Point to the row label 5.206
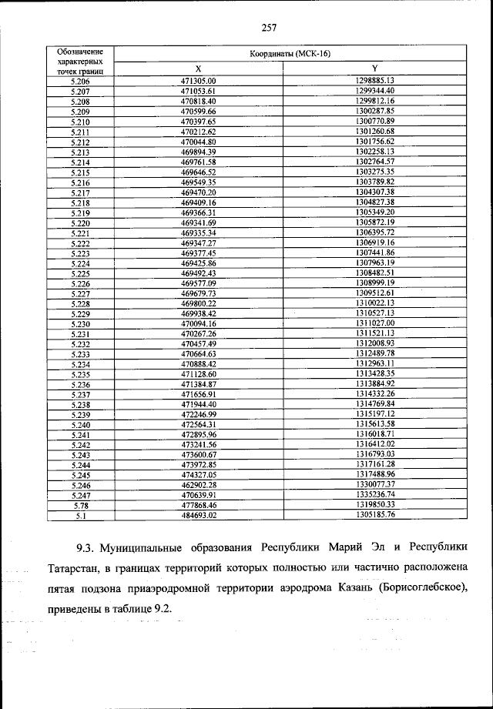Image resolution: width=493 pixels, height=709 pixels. coord(80,80)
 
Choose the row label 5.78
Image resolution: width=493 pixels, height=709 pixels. coord(80,504)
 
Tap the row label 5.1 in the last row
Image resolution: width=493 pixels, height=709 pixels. coord(80,514)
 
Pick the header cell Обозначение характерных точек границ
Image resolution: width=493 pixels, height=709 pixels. coord(80,60)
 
